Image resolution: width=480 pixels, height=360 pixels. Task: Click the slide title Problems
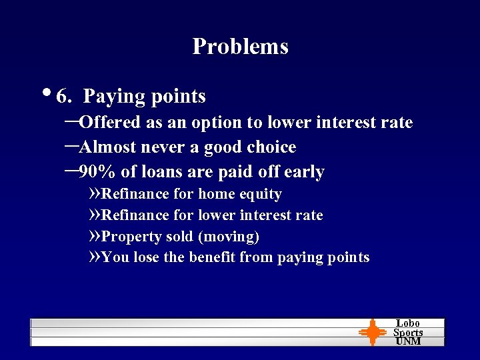pos(240,47)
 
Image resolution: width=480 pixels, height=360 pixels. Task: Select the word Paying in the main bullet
pos(114,97)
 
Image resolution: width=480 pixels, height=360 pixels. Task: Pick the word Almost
pos(109,147)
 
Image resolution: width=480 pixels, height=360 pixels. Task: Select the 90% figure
pos(97,172)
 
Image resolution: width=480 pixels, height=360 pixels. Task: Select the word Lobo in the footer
pos(408,323)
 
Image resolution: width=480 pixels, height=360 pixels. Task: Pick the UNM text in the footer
pos(408,341)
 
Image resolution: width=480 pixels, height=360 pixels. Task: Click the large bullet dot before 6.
pos(51,92)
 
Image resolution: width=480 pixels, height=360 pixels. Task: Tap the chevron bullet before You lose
pos(94,257)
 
